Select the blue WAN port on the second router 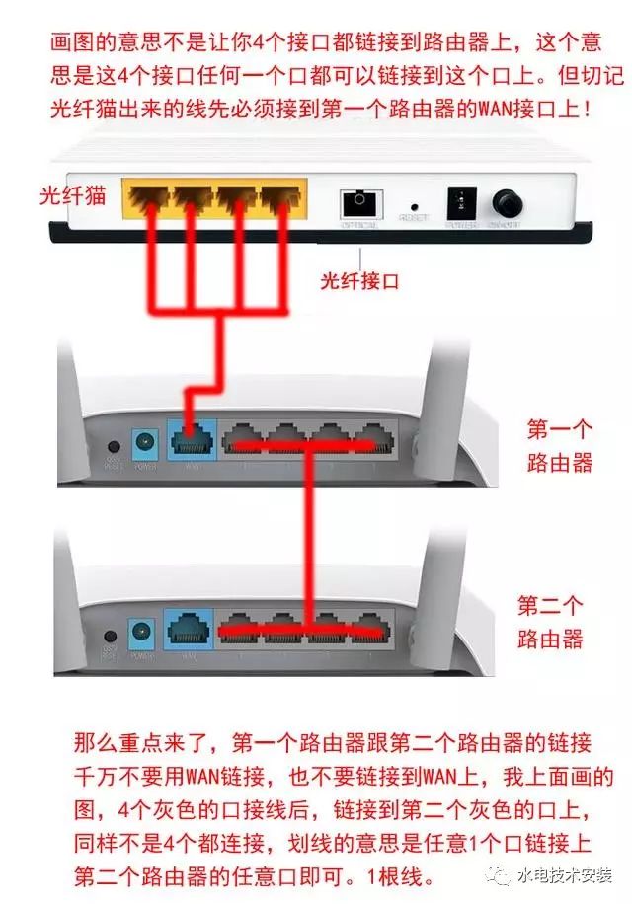pyautogui.click(x=188, y=629)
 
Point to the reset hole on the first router pyautogui.click(x=113, y=450)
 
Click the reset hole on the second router pyautogui.click(x=112, y=639)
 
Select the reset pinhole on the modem pyautogui.click(x=414, y=205)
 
